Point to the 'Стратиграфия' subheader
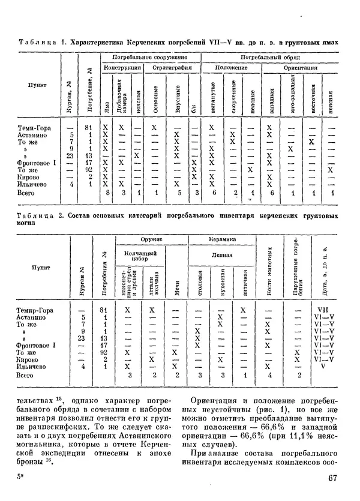click(172, 68)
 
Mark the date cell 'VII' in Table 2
click(325, 310)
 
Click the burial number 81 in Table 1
click(88, 128)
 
